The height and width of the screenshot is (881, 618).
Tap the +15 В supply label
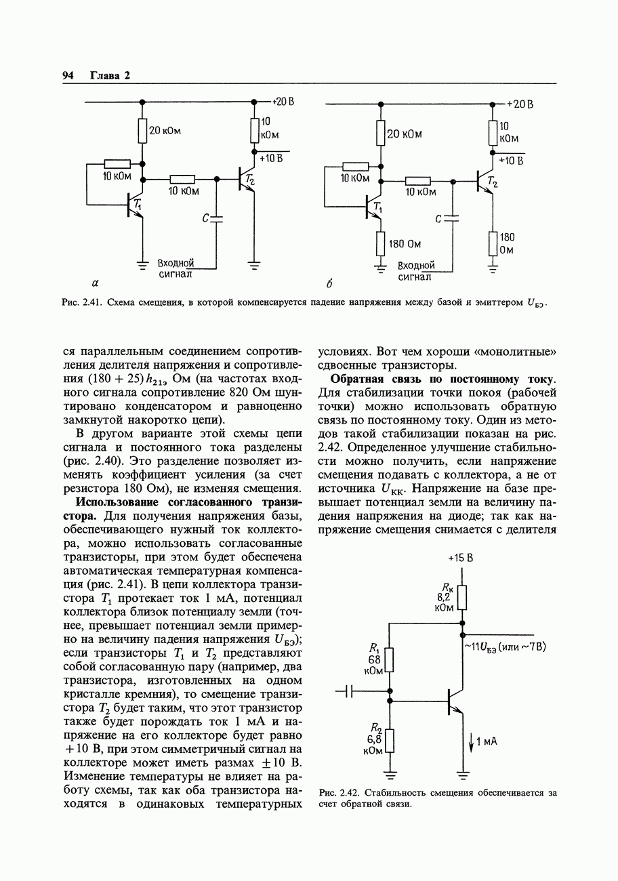point(460,558)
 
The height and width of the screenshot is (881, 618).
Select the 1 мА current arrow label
point(486,742)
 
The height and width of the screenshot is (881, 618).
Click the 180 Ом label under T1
point(407,243)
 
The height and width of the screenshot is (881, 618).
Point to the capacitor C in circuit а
point(216,218)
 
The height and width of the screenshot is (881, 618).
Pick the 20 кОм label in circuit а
point(165,131)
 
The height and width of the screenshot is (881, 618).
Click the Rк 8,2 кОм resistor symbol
point(462,598)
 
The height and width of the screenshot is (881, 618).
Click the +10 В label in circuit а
point(269,158)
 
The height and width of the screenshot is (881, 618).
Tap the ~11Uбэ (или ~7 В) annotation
point(505,647)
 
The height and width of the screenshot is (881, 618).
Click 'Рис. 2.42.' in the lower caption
point(338,792)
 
